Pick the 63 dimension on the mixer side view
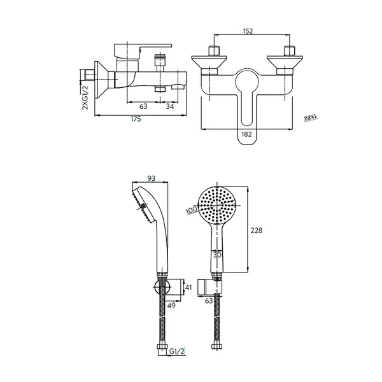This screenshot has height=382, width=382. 144,106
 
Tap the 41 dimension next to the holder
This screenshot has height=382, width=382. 188,287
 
